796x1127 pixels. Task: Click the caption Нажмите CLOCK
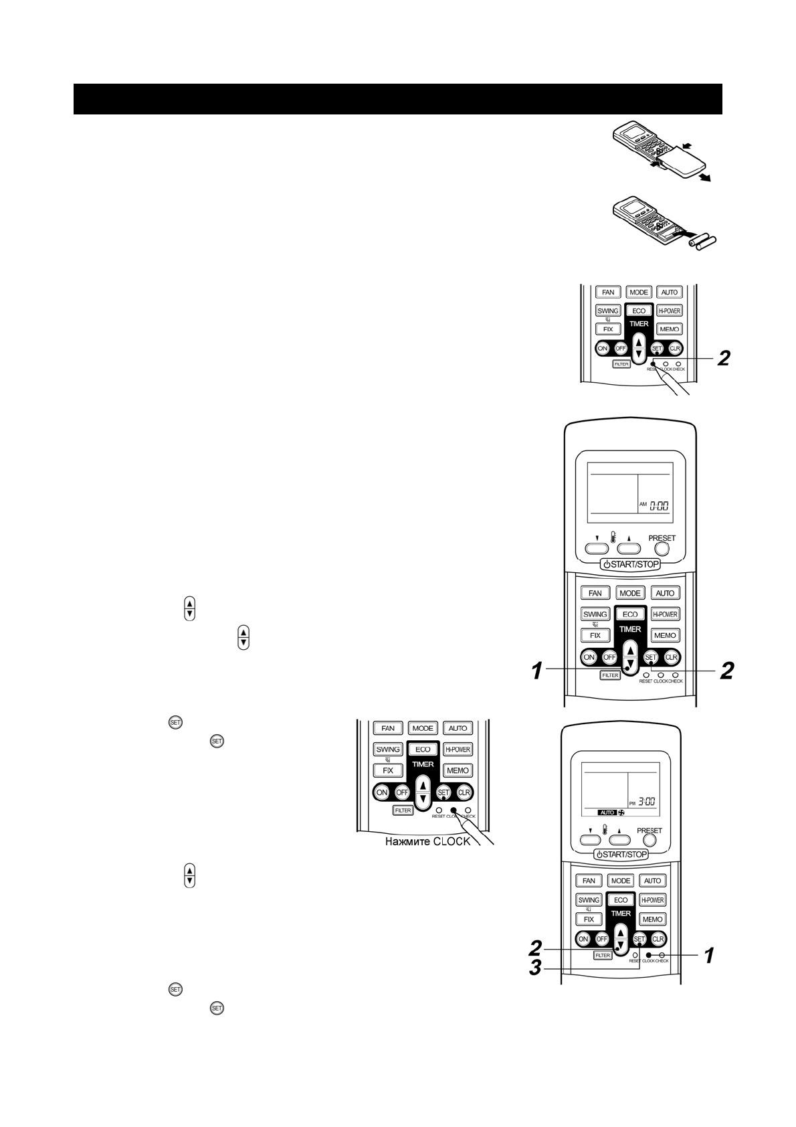(x=427, y=841)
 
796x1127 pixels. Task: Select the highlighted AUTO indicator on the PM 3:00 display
(x=607, y=812)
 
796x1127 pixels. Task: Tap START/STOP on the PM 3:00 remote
(x=621, y=854)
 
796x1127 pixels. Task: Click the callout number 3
(x=535, y=968)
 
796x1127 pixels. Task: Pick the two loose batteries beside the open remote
(x=702, y=242)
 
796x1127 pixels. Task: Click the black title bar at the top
(x=397, y=99)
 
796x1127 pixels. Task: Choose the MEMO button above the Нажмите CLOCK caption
(x=458, y=770)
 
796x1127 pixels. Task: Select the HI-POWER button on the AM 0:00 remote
(x=665, y=614)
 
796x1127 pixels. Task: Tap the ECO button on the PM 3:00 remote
(x=621, y=900)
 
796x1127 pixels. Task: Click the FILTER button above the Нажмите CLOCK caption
(x=403, y=810)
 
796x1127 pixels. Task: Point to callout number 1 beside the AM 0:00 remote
(x=536, y=670)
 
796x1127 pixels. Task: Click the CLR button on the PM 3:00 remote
(x=658, y=939)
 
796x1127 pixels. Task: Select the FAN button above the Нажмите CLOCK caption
(x=388, y=728)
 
